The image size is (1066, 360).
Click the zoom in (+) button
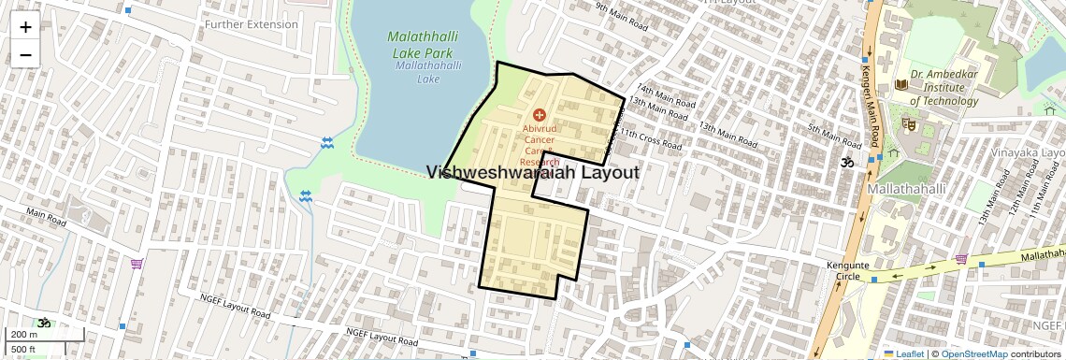[25, 26]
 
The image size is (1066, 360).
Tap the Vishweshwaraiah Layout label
[533, 173]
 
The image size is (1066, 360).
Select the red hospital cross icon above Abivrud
[540, 114]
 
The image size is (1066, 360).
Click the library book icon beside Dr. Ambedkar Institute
[901, 85]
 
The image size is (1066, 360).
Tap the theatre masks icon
[908, 122]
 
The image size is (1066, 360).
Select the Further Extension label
[252, 24]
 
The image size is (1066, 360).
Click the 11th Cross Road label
[658, 140]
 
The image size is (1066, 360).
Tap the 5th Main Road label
[833, 137]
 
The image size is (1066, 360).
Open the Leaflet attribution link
[903, 353]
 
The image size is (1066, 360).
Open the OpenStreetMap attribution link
[973, 353]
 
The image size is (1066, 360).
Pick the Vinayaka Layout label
[1029, 151]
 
